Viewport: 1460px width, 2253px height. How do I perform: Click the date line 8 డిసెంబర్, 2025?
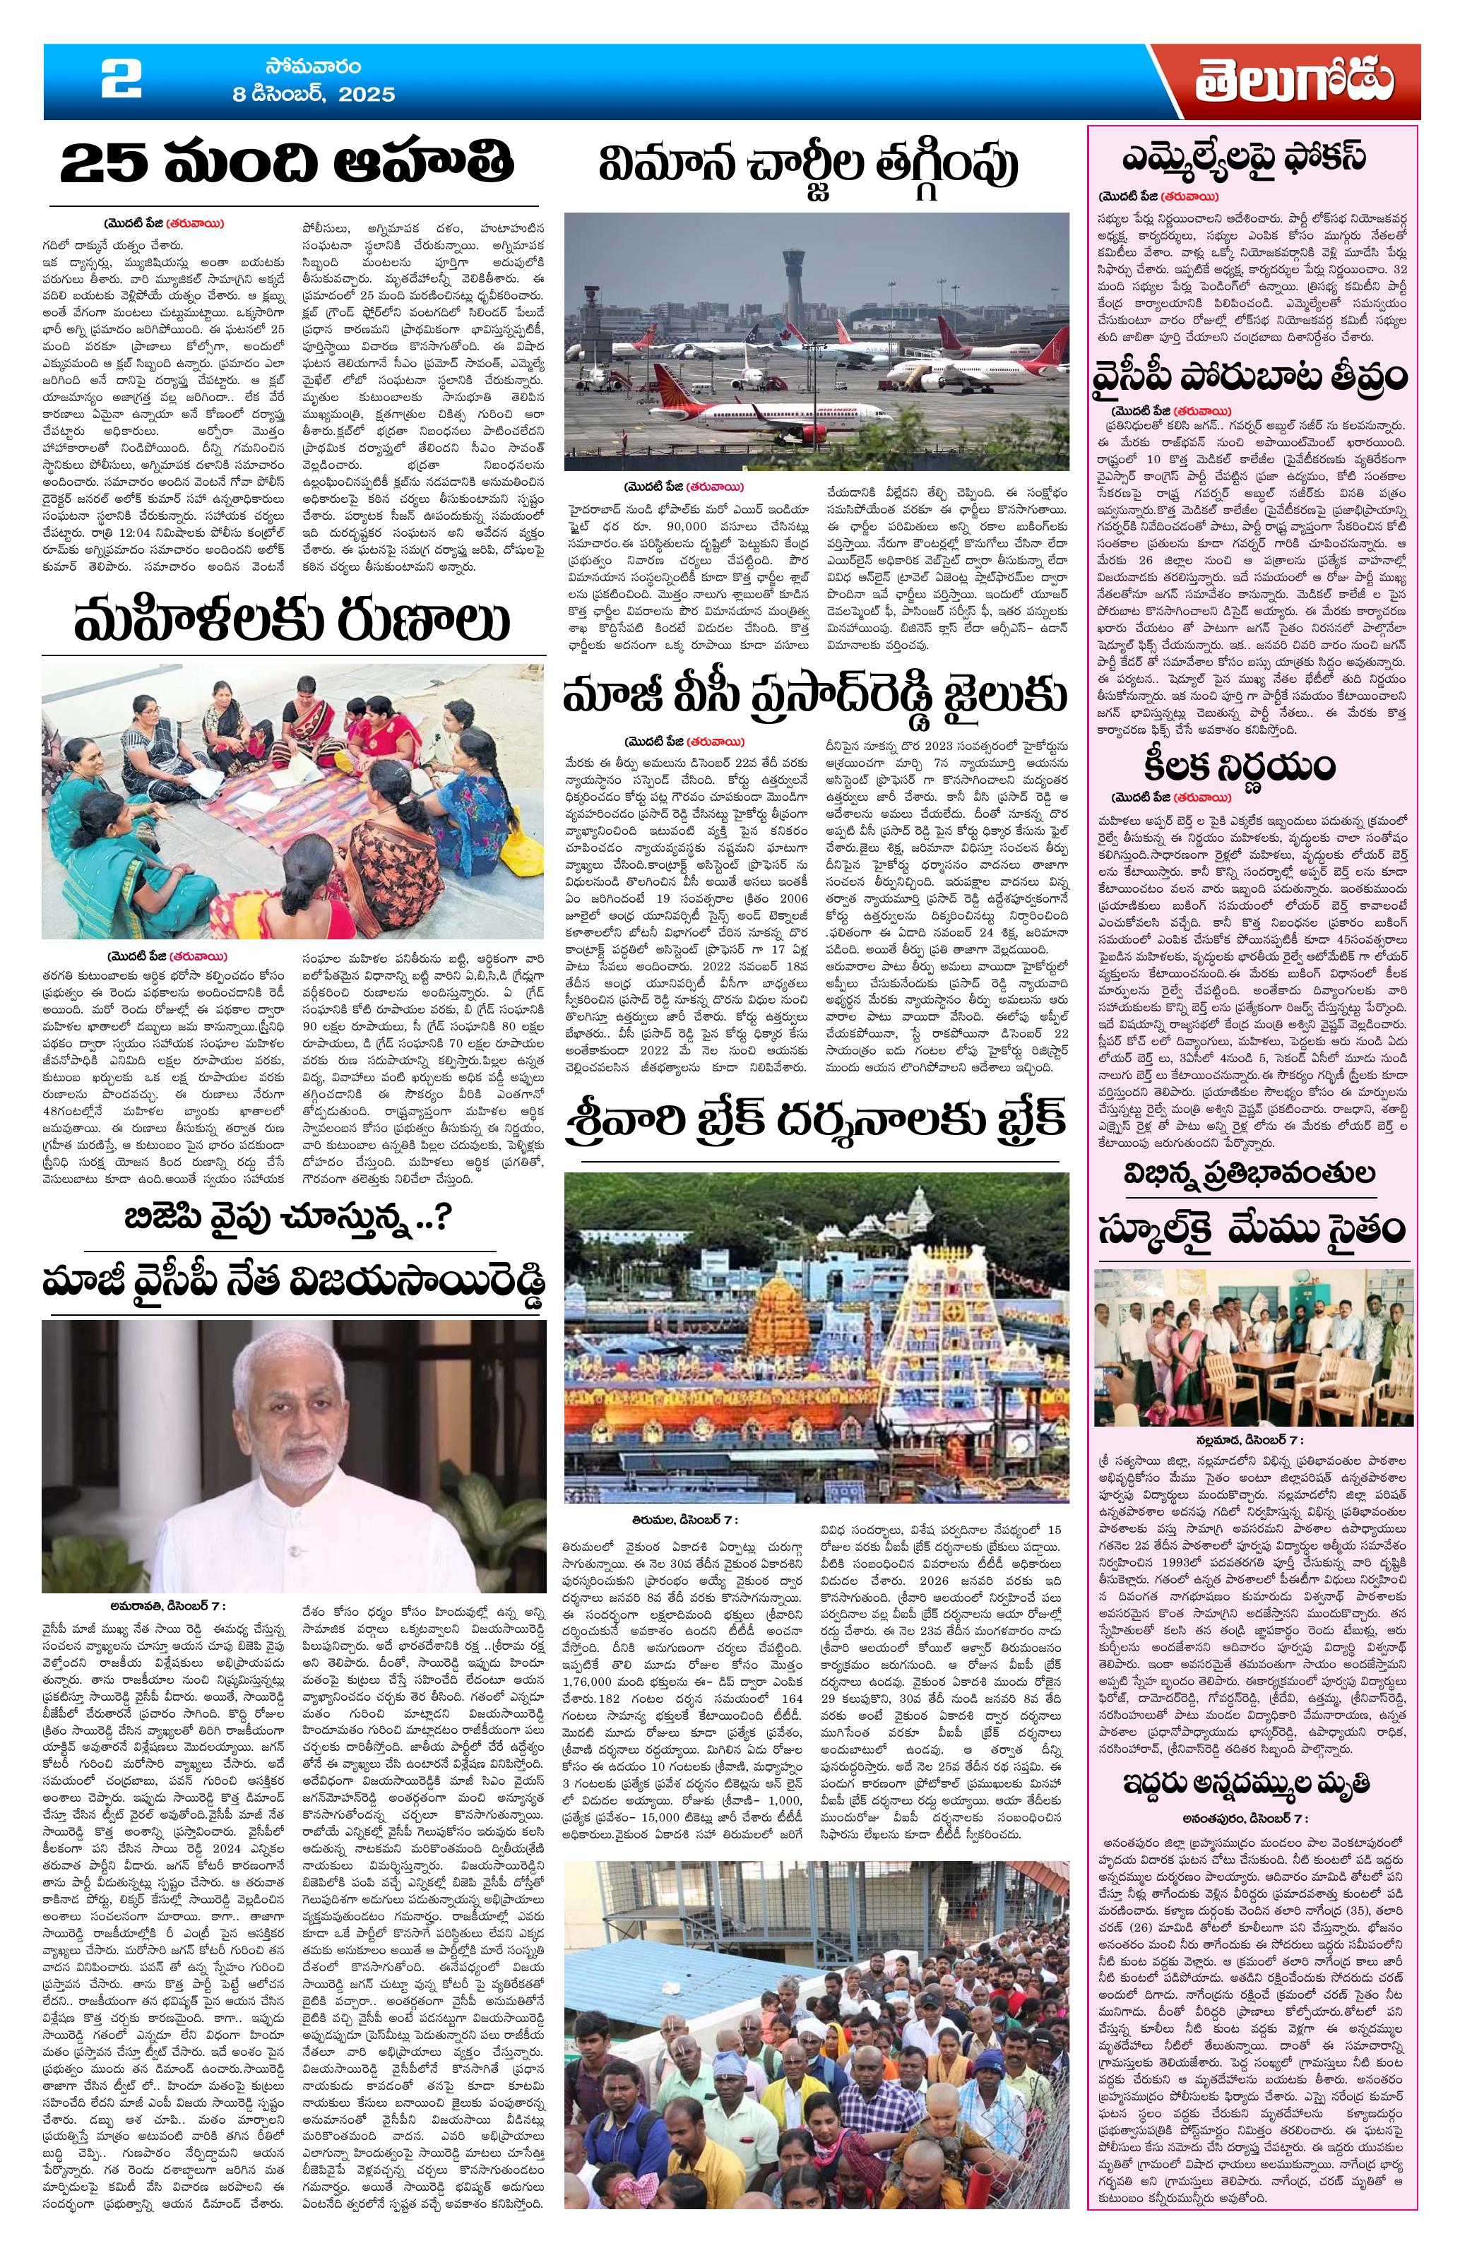[x=314, y=95]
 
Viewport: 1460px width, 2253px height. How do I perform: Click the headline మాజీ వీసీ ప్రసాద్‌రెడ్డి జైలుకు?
[x=814, y=698]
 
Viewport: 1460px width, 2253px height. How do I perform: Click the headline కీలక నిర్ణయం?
[x=1252, y=763]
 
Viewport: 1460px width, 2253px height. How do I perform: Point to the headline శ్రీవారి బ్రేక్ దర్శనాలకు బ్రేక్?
[x=814, y=1120]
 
